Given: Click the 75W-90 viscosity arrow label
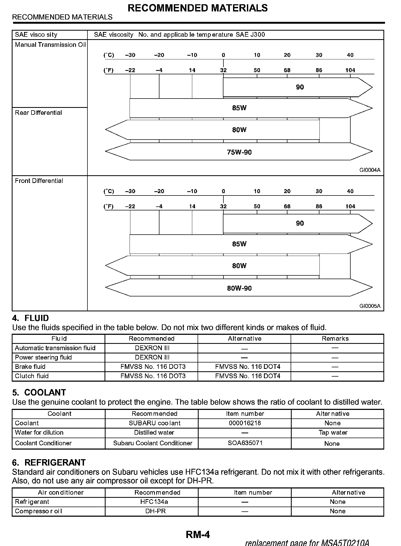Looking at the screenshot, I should click(239, 152).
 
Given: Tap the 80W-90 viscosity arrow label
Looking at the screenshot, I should click(239, 288).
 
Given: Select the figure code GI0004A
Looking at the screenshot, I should click(370, 170).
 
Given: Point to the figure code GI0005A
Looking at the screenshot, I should click(370, 306).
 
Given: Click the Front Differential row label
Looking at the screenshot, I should click(39, 181).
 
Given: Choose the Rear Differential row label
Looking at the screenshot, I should click(38, 113).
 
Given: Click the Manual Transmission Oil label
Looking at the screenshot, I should click(50, 45).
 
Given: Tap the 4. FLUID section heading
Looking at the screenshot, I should click(31, 318).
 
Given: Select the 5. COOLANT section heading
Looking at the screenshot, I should click(39, 393).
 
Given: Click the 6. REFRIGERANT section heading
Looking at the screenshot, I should click(49, 462).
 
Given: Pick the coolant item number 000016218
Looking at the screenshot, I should click(245, 423).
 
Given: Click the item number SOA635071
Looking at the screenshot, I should click(245, 443).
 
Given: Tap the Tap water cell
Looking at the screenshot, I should click(333, 433).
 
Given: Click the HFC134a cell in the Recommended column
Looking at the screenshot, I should click(154, 502).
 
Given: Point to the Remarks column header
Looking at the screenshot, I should click(335, 339).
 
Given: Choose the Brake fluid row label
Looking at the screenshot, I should click(30, 367).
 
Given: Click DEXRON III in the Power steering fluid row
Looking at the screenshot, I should click(152, 357).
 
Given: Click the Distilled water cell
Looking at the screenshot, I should click(154, 433).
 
